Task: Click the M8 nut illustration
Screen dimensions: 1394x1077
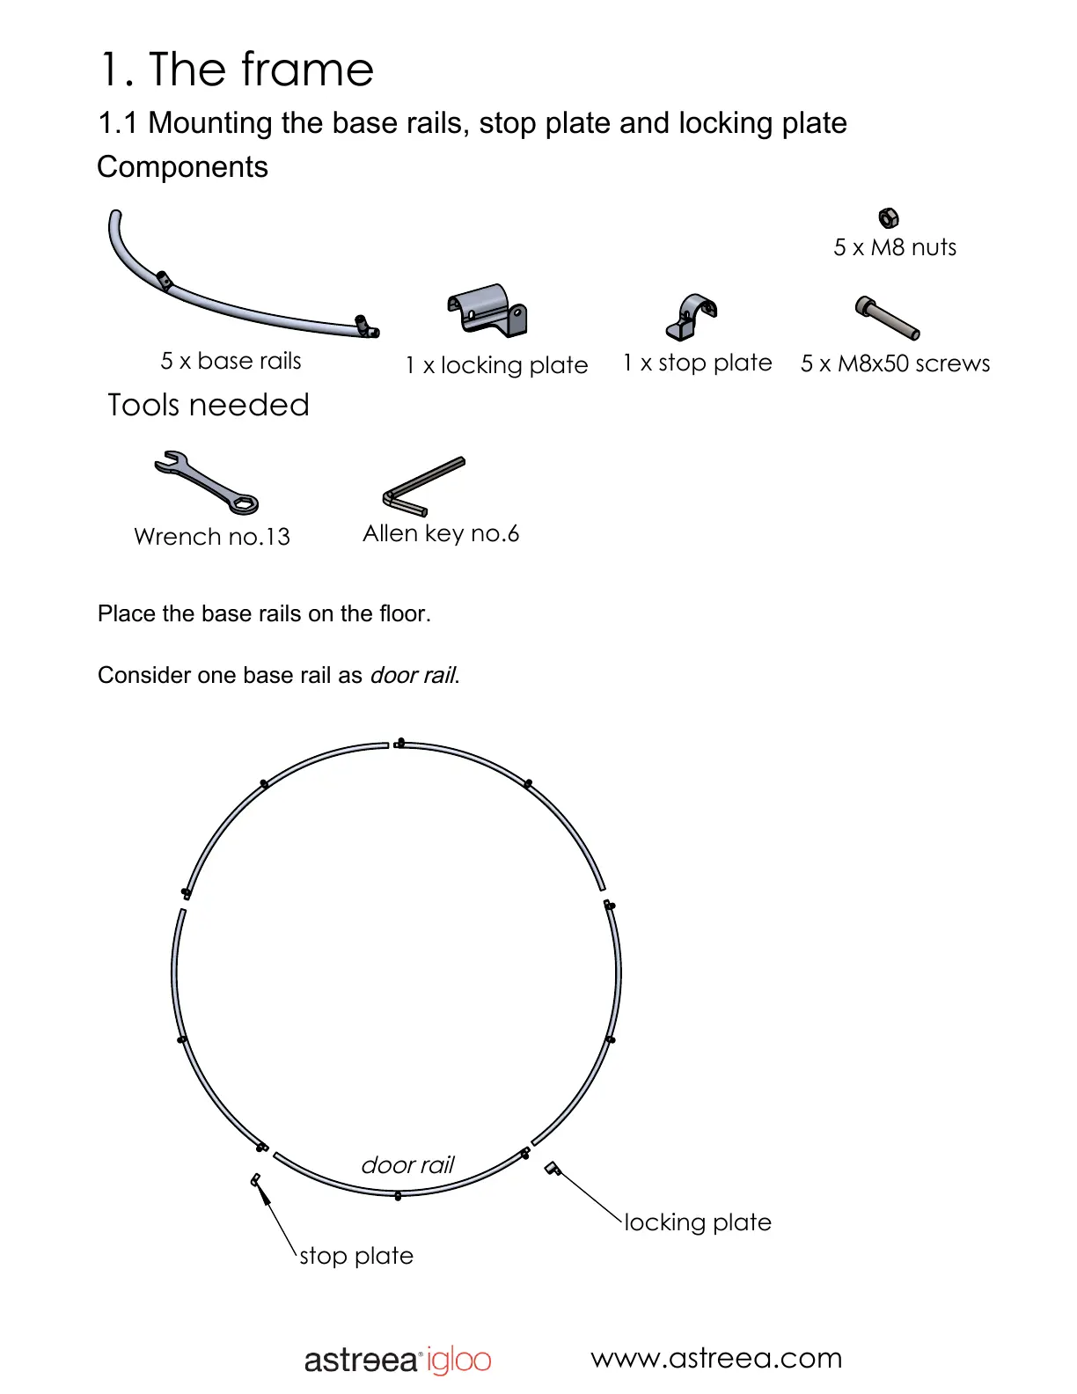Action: point(889,217)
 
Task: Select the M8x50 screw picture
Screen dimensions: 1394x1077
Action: point(887,318)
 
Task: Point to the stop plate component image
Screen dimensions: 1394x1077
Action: point(692,317)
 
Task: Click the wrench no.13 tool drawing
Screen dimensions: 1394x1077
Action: point(207,481)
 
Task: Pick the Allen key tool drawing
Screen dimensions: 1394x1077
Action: point(423,486)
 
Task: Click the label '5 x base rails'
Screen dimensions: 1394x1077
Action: point(231,361)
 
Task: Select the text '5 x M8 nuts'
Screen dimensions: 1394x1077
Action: point(895,247)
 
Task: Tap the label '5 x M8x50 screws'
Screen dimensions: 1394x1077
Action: point(895,363)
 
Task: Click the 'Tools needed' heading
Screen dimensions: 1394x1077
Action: point(209,405)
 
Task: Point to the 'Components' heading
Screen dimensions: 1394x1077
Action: point(182,167)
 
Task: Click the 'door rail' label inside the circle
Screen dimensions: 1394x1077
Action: point(407,1165)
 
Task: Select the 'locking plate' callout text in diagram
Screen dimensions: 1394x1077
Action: point(698,1222)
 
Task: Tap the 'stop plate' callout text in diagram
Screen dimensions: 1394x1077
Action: point(356,1256)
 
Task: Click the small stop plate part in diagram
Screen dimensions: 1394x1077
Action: point(256,1179)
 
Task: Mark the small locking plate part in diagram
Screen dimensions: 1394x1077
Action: point(553,1168)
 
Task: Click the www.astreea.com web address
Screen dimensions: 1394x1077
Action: point(716,1358)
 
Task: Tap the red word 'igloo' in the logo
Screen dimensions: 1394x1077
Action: point(459,1361)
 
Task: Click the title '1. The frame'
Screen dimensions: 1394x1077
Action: point(237,70)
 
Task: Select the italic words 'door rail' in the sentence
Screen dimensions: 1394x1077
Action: point(413,675)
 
